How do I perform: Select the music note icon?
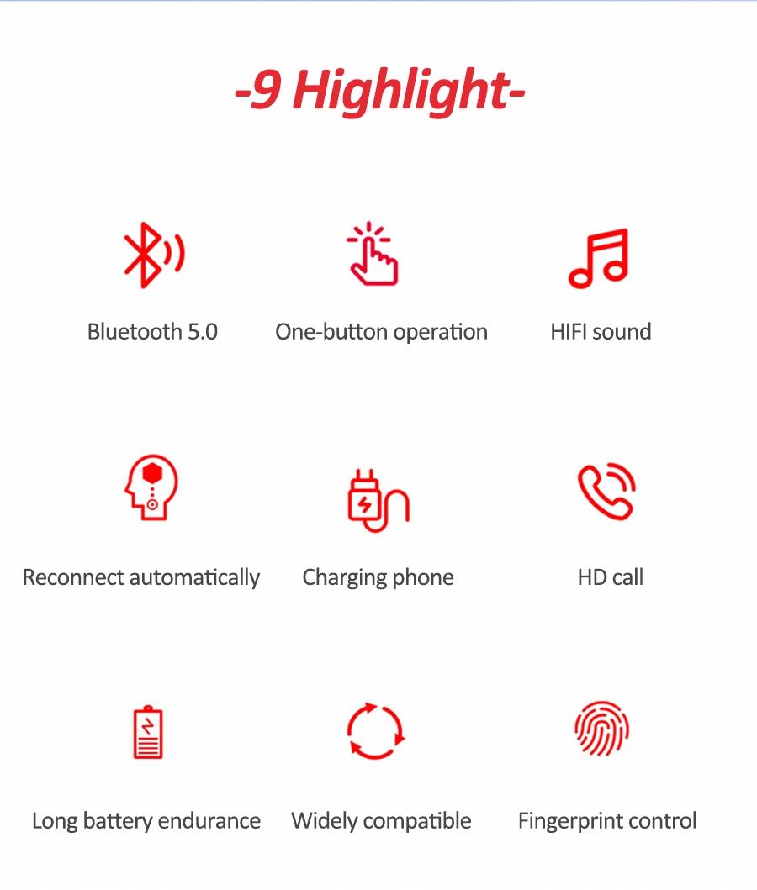[599, 258]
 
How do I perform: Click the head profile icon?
[151, 487]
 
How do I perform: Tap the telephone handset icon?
[606, 492]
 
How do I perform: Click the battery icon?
[148, 732]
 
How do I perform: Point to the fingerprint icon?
[602, 729]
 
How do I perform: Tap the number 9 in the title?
[266, 90]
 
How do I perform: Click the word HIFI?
[569, 332]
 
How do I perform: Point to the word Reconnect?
[73, 578]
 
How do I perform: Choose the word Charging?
[344, 578]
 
